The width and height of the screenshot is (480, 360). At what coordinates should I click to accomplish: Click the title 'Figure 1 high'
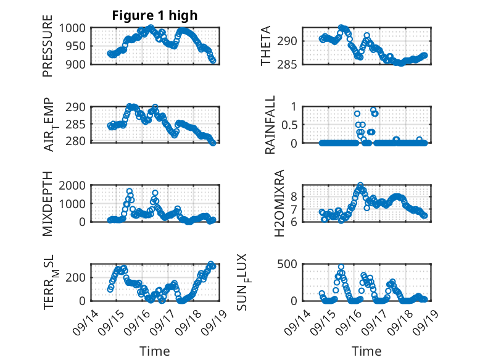tap(154, 15)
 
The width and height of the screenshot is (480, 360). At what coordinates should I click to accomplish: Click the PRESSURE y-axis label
tap(48, 46)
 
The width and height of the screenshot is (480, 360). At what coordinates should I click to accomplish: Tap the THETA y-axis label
tap(265, 46)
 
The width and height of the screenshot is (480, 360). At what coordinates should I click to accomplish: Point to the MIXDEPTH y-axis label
tap(48, 203)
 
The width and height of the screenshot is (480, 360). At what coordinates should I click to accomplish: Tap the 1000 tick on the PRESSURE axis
tap(76, 28)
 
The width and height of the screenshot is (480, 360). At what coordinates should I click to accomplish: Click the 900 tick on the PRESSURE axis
tap(79, 64)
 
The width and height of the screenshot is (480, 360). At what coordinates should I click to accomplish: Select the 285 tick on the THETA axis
tap(291, 64)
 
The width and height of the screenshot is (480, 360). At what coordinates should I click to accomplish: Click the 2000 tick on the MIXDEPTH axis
tap(76, 185)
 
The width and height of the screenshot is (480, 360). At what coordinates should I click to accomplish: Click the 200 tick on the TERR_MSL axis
tap(79, 277)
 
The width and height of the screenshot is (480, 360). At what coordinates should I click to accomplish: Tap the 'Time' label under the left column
tap(154, 351)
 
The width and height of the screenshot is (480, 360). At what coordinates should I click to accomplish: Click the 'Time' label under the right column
tap(366, 351)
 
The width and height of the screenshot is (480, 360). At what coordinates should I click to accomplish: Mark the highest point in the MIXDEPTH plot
tap(130, 191)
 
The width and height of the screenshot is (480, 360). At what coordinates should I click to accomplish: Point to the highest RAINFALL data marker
tap(373, 111)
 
